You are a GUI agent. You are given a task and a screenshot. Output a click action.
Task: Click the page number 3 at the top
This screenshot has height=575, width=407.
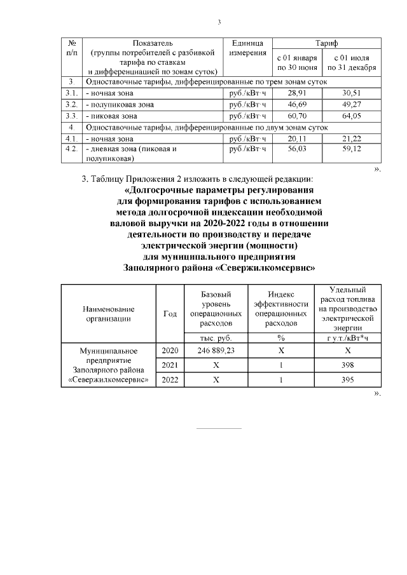[x=219, y=24]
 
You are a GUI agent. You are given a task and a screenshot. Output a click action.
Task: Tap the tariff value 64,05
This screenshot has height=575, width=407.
[x=351, y=116]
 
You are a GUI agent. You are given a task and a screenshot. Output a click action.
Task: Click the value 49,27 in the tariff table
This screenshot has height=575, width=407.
[x=351, y=104]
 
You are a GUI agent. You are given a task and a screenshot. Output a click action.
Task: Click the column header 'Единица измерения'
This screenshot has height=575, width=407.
[x=248, y=48]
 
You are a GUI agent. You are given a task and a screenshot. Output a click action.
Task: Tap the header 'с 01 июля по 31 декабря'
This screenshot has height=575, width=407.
[x=351, y=63]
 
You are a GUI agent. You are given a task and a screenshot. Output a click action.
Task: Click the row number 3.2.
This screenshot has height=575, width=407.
[x=72, y=104]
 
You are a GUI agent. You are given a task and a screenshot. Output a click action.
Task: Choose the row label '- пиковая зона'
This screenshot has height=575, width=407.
[x=111, y=116]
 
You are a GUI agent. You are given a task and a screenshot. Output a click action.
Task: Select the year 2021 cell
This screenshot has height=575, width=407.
[x=170, y=365]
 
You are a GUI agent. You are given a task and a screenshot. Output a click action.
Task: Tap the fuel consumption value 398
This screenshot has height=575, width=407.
[x=348, y=365]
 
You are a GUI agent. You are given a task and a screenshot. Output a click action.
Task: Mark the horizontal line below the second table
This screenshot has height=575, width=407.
[x=219, y=428]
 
